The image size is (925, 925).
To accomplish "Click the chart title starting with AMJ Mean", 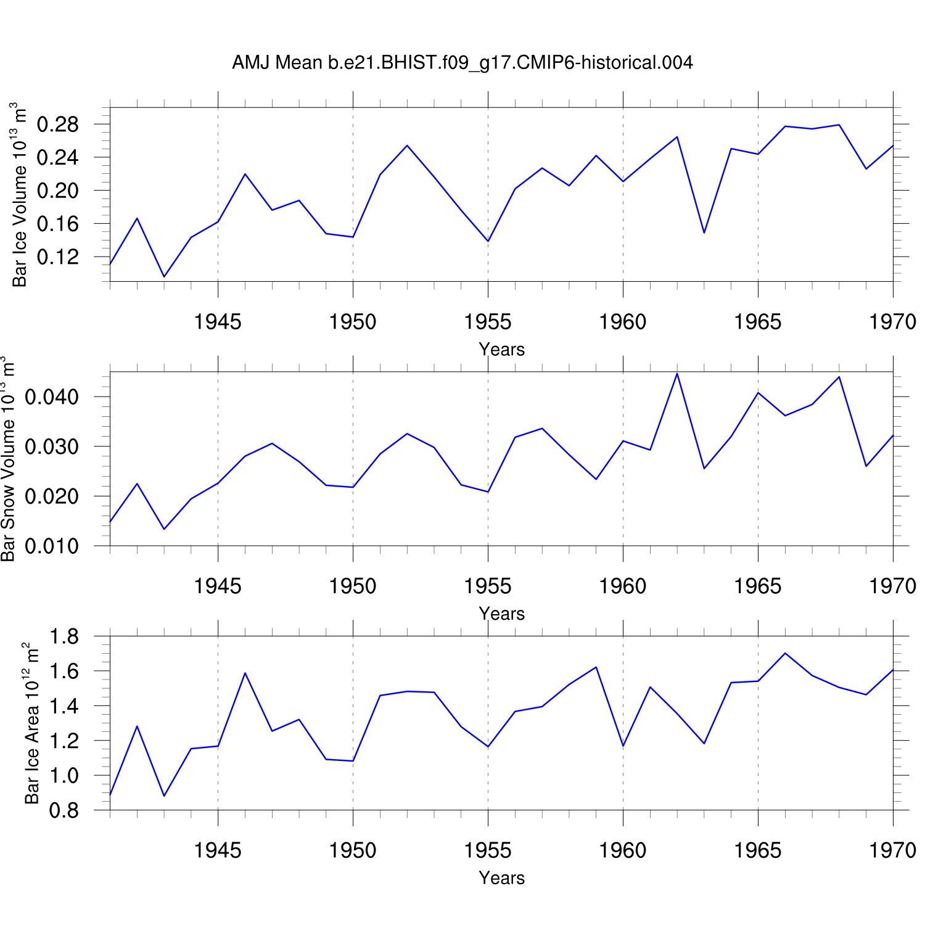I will tap(462, 62).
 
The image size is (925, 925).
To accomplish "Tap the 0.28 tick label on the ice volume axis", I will tap(57, 125).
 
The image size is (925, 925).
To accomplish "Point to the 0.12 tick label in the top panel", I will tap(57, 257).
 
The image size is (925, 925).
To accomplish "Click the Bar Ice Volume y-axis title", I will tap(20, 195).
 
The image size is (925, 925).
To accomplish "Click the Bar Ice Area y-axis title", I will tap(31, 723).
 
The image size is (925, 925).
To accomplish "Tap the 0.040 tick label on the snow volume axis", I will tap(52, 397).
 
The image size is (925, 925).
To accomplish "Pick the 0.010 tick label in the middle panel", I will tap(52, 546).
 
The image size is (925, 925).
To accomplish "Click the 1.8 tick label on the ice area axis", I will tap(64, 636).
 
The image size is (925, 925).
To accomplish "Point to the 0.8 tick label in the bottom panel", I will tap(64, 810).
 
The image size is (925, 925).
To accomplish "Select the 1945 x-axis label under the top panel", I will tap(218, 321).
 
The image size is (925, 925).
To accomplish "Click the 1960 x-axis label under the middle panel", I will tap(623, 586).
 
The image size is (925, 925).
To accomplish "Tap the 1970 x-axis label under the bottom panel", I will tap(892, 850).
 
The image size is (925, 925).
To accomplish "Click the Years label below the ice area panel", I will tap(501, 878).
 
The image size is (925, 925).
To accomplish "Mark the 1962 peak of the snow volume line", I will tap(677, 374).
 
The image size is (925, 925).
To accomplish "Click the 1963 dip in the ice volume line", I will tap(704, 232).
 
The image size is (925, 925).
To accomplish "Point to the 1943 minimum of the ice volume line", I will tap(164, 276).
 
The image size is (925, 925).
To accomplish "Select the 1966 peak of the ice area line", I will tap(785, 653).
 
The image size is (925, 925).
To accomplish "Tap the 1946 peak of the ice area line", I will tap(245, 673).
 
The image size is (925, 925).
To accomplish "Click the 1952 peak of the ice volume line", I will tap(407, 146).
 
